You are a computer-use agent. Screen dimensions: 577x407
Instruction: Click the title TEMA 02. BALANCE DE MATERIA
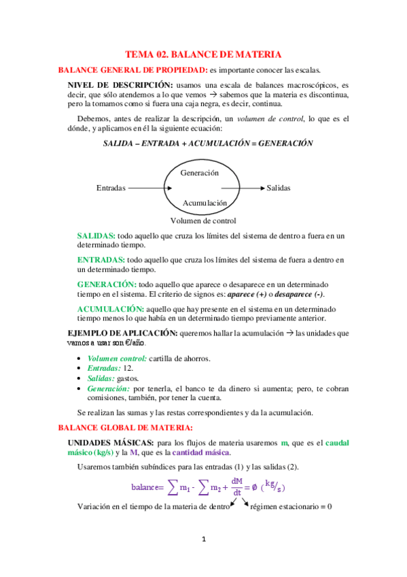pyautogui.click(x=203, y=54)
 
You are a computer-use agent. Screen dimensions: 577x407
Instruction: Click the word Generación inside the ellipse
pyautogui.click(x=200, y=173)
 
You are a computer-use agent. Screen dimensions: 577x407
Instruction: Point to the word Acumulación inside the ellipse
pyautogui.click(x=205, y=203)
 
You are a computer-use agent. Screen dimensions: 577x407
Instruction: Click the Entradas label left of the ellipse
pyautogui.click(x=111, y=188)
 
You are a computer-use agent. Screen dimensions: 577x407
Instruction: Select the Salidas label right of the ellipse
pyautogui.click(x=279, y=188)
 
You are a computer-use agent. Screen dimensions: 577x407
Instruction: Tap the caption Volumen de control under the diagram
pyautogui.click(x=203, y=220)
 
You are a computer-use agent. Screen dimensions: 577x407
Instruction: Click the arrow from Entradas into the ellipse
pyautogui.click(x=148, y=188)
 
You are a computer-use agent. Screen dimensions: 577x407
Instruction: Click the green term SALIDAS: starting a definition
pyautogui.click(x=96, y=235)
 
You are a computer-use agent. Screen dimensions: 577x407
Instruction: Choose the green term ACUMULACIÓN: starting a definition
pyautogui.click(x=105, y=309)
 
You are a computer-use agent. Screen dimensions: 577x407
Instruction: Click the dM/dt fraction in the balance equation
pyautogui.click(x=237, y=487)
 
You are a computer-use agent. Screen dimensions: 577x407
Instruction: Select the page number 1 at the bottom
pyautogui.click(x=203, y=540)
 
